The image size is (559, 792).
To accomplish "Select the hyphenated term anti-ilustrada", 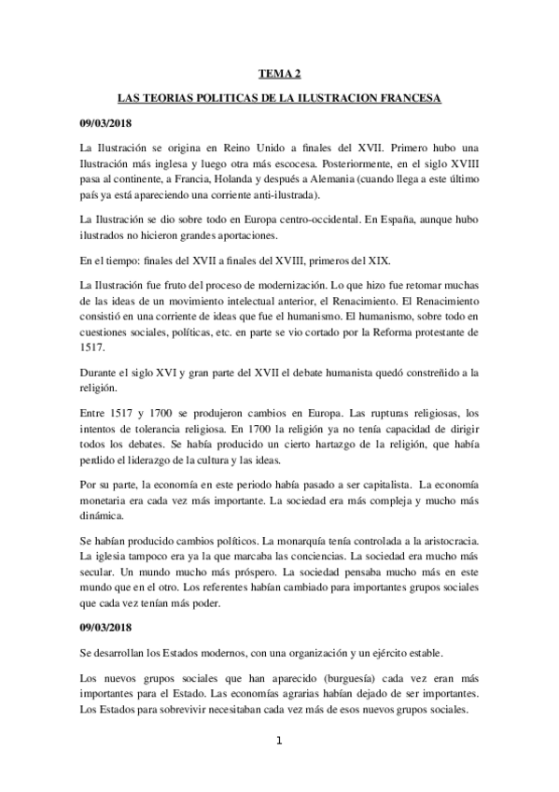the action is click(285, 194).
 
